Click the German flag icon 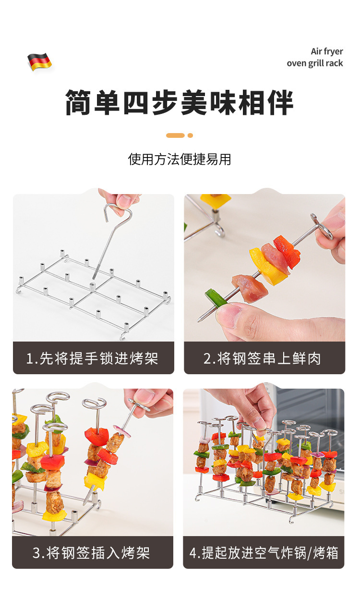(x=39, y=61)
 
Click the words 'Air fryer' (x=326, y=51)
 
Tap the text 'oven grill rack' (x=315, y=63)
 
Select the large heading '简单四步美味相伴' (x=180, y=102)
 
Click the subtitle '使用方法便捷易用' (x=180, y=159)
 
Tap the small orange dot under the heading (x=190, y=135)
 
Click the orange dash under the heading (x=175, y=135)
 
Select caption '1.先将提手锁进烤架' (x=92, y=358)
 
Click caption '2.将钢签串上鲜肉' (x=262, y=358)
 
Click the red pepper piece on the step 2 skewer (x=287, y=251)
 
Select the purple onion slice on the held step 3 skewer (x=122, y=431)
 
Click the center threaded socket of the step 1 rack (x=92, y=286)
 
